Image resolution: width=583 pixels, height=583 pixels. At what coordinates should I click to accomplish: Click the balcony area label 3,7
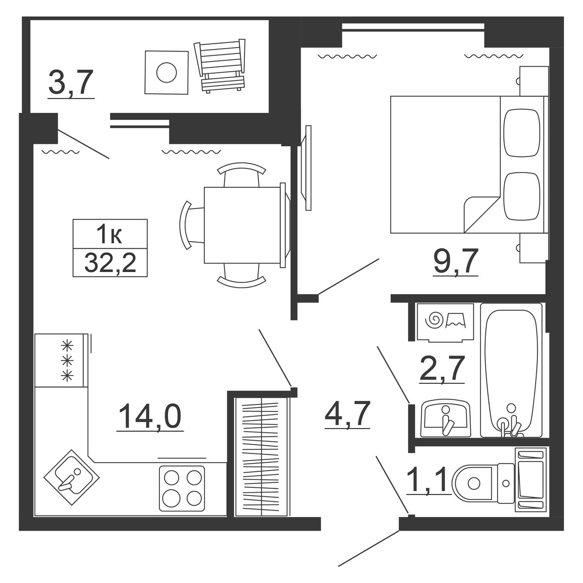[x=71, y=82]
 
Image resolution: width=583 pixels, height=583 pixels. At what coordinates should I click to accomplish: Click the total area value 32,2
[x=110, y=262]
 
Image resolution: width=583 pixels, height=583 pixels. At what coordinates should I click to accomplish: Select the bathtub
[x=511, y=370]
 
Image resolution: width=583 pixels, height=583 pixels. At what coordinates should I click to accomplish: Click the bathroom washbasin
[x=446, y=418]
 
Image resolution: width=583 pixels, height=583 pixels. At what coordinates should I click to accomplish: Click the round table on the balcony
[x=167, y=72]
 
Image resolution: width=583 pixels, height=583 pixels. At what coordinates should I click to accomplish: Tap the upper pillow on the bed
[x=522, y=133]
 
